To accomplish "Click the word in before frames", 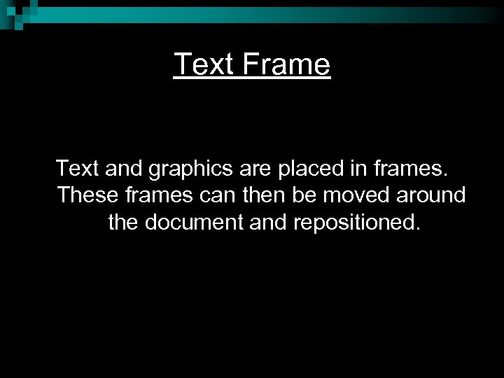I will tap(342, 169).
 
